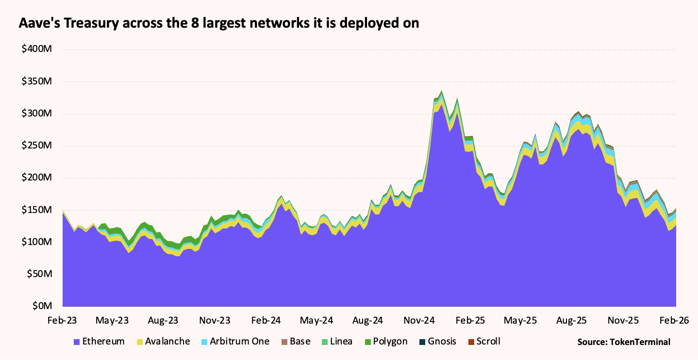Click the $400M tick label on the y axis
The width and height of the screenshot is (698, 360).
[38, 49]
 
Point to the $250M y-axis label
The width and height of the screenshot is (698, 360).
[38, 146]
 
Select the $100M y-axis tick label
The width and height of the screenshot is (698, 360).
[38, 242]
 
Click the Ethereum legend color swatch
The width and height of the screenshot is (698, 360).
[77, 342]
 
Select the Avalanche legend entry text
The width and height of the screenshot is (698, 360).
[167, 342]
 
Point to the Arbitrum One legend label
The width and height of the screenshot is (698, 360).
[239, 342]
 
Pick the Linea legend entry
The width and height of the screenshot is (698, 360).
[341, 342]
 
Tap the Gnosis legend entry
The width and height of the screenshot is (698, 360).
[442, 342]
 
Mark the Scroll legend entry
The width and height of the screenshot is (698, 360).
[488, 342]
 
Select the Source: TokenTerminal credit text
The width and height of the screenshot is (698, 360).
[624, 342]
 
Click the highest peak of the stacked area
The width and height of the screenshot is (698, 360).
[441, 91]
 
